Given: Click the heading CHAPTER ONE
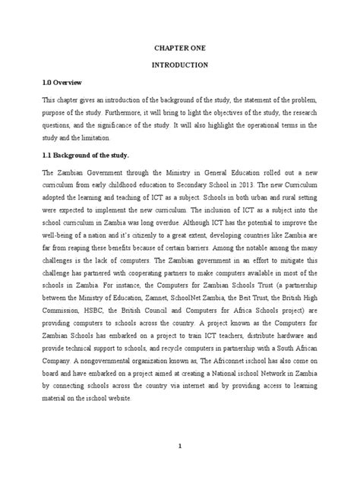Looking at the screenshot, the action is click(x=180, y=48).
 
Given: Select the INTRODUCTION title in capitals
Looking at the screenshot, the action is click(x=180, y=66).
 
